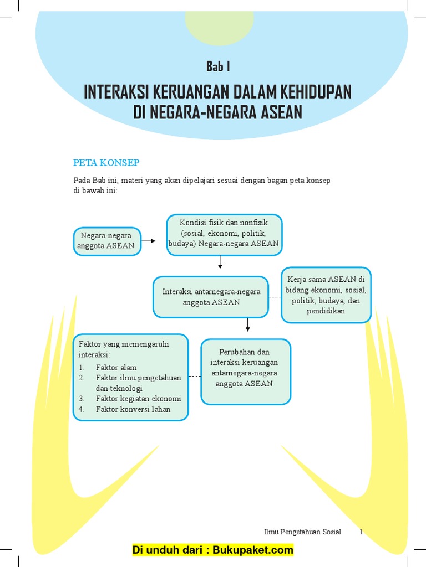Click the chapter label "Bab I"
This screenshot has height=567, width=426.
[218, 66]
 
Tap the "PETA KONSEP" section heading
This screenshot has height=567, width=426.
[106, 162]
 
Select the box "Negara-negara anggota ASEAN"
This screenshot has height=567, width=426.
[107, 241]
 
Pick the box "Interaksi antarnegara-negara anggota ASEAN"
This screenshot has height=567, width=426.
[211, 297]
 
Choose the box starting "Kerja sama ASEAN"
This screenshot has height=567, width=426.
[326, 295]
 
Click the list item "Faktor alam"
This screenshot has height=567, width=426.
[116, 367]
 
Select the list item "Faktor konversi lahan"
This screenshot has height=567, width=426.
[133, 409]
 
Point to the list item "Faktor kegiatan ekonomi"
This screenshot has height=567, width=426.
[138, 399]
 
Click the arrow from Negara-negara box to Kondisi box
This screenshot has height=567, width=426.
[149, 241]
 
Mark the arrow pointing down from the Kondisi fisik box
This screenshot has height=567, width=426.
[220, 262]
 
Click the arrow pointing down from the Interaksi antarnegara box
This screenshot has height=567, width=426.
[248, 325]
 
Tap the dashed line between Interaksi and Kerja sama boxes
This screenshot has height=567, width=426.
[275, 297]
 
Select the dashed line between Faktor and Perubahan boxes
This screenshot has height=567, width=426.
[195, 377]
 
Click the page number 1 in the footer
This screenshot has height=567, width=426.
[361, 532]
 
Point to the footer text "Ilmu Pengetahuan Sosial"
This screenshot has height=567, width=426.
[302, 532]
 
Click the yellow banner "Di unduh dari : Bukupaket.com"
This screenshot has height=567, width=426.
[212, 550]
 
